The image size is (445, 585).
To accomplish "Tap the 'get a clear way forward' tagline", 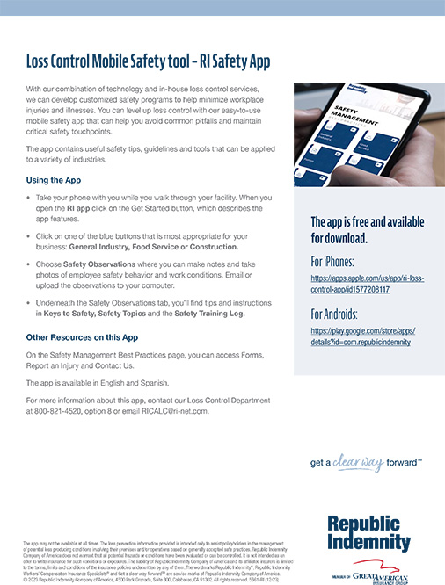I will click(x=366, y=461).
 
